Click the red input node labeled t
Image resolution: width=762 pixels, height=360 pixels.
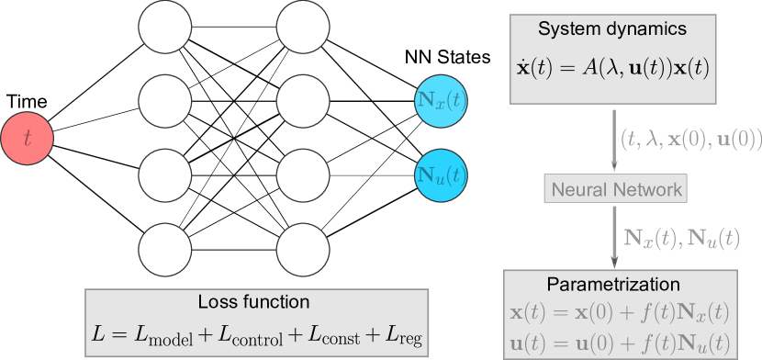click(28, 139)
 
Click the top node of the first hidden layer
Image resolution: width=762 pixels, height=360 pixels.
click(165, 28)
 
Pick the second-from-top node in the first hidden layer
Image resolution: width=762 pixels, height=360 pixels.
click(165, 101)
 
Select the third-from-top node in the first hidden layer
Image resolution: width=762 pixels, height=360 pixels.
click(165, 174)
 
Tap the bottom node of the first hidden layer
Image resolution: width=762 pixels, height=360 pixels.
click(165, 249)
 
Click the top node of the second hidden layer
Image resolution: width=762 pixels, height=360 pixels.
click(303, 28)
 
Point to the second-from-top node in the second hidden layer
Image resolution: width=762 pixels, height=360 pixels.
click(303, 101)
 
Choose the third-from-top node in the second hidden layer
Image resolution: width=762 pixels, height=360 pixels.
click(303, 174)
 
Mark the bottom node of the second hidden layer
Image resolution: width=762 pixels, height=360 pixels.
click(303, 249)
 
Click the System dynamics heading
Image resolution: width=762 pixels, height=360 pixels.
click(612, 29)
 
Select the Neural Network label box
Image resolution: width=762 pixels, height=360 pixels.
click(614, 188)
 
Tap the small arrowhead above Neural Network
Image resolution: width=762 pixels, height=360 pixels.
click(614, 165)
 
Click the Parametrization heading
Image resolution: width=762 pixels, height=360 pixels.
click(614, 284)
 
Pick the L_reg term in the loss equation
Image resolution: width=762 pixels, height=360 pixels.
click(405, 333)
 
